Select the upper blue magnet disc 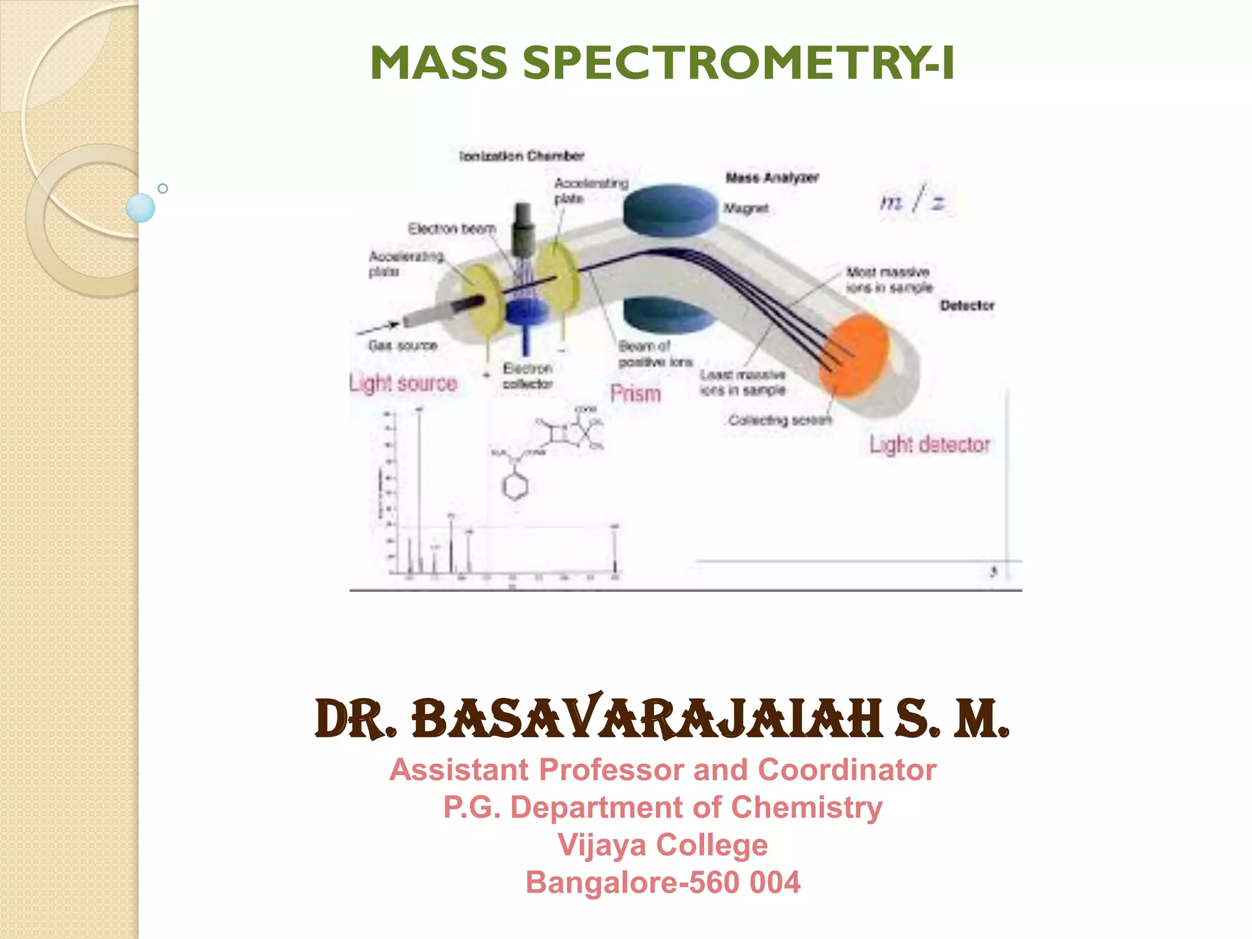tap(670, 210)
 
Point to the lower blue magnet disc tap(669, 315)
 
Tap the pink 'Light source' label tap(403, 383)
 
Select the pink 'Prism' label tap(636, 394)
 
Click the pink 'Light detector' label tap(930, 444)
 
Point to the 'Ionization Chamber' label tap(521, 156)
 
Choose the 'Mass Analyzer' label tap(772, 178)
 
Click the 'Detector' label tap(967, 305)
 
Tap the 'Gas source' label tap(403, 346)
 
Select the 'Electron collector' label tap(528, 376)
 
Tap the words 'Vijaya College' tap(663, 845)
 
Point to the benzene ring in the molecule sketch tap(515, 486)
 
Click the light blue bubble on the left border tap(141, 208)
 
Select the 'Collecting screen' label tap(780, 420)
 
